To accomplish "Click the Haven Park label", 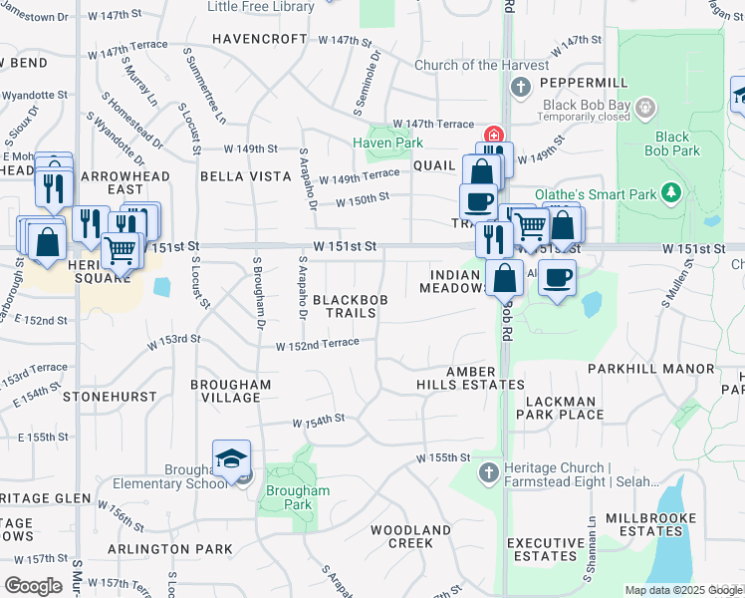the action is (x=387, y=144).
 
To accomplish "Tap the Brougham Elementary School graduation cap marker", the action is (x=231, y=459).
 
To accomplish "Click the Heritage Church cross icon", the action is (x=488, y=471).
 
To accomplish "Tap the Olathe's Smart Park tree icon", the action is (x=672, y=191).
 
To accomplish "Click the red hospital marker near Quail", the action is (x=492, y=135).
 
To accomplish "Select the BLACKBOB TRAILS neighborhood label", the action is (x=346, y=306).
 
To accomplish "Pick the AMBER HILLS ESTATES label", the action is (x=471, y=378).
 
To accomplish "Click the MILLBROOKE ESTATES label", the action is (x=636, y=524).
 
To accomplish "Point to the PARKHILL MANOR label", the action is (x=651, y=369).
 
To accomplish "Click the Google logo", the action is (x=33, y=585).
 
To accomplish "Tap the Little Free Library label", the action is (x=261, y=7).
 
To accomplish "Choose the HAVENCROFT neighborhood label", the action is (x=260, y=39).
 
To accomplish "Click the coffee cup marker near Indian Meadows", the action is (x=557, y=277).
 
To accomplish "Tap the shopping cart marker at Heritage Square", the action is (x=121, y=251).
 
